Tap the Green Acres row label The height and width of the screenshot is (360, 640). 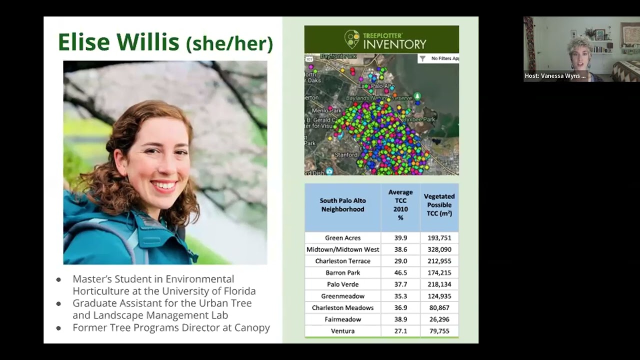342,238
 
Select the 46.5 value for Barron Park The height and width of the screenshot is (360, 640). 400,272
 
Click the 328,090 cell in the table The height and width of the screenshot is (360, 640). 439,249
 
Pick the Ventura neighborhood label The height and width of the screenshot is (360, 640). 342,331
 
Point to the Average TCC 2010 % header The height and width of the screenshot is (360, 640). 400,205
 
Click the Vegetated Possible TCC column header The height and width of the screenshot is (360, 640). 439,205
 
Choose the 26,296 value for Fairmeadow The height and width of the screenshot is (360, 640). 439,319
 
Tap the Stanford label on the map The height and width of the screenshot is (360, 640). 346,155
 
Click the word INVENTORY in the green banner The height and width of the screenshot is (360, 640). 394,44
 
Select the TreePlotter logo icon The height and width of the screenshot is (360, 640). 352,39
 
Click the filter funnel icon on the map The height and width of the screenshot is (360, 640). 422,58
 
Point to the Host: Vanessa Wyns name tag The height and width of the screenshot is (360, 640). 555,76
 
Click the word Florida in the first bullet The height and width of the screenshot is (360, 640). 237,291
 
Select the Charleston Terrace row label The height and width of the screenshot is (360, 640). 342,261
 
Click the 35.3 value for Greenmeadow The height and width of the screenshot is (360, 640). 400,296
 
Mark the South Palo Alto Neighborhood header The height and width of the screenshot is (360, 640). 342,205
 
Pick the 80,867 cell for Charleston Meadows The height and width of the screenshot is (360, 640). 439,307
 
